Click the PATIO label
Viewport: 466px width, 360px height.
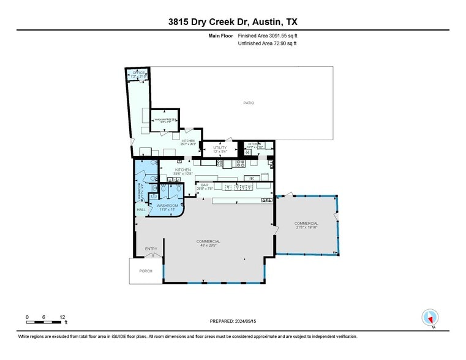pyautogui.click(x=249, y=102)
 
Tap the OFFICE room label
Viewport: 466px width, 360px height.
pyautogui.click(x=139, y=73)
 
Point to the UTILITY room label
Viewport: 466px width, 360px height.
pyautogui.click(x=220, y=148)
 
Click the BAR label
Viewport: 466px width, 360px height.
pyautogui.click(x=205, y=185)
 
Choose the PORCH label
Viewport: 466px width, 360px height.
pyautogui.click(x=146, y=271)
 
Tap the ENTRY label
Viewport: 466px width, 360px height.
pyautogui.click(x=151, y=249)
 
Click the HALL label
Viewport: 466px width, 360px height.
pyautogui.click(x=141, y=209)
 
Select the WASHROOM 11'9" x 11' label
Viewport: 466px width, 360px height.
pyautogui.click(x=167, y=206)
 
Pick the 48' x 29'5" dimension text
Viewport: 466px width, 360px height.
pyautogui.click(x=208, y=245)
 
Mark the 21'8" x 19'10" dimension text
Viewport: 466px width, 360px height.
pyautogui.click(x=306, y=227)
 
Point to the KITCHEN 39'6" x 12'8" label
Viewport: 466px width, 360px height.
pyautogui.click(x=183, y=170)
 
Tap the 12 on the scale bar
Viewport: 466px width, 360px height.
pyautogui.click(x=62, y=317)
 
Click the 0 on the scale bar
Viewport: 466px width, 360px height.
pyautogui.click(x=28, y=317)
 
